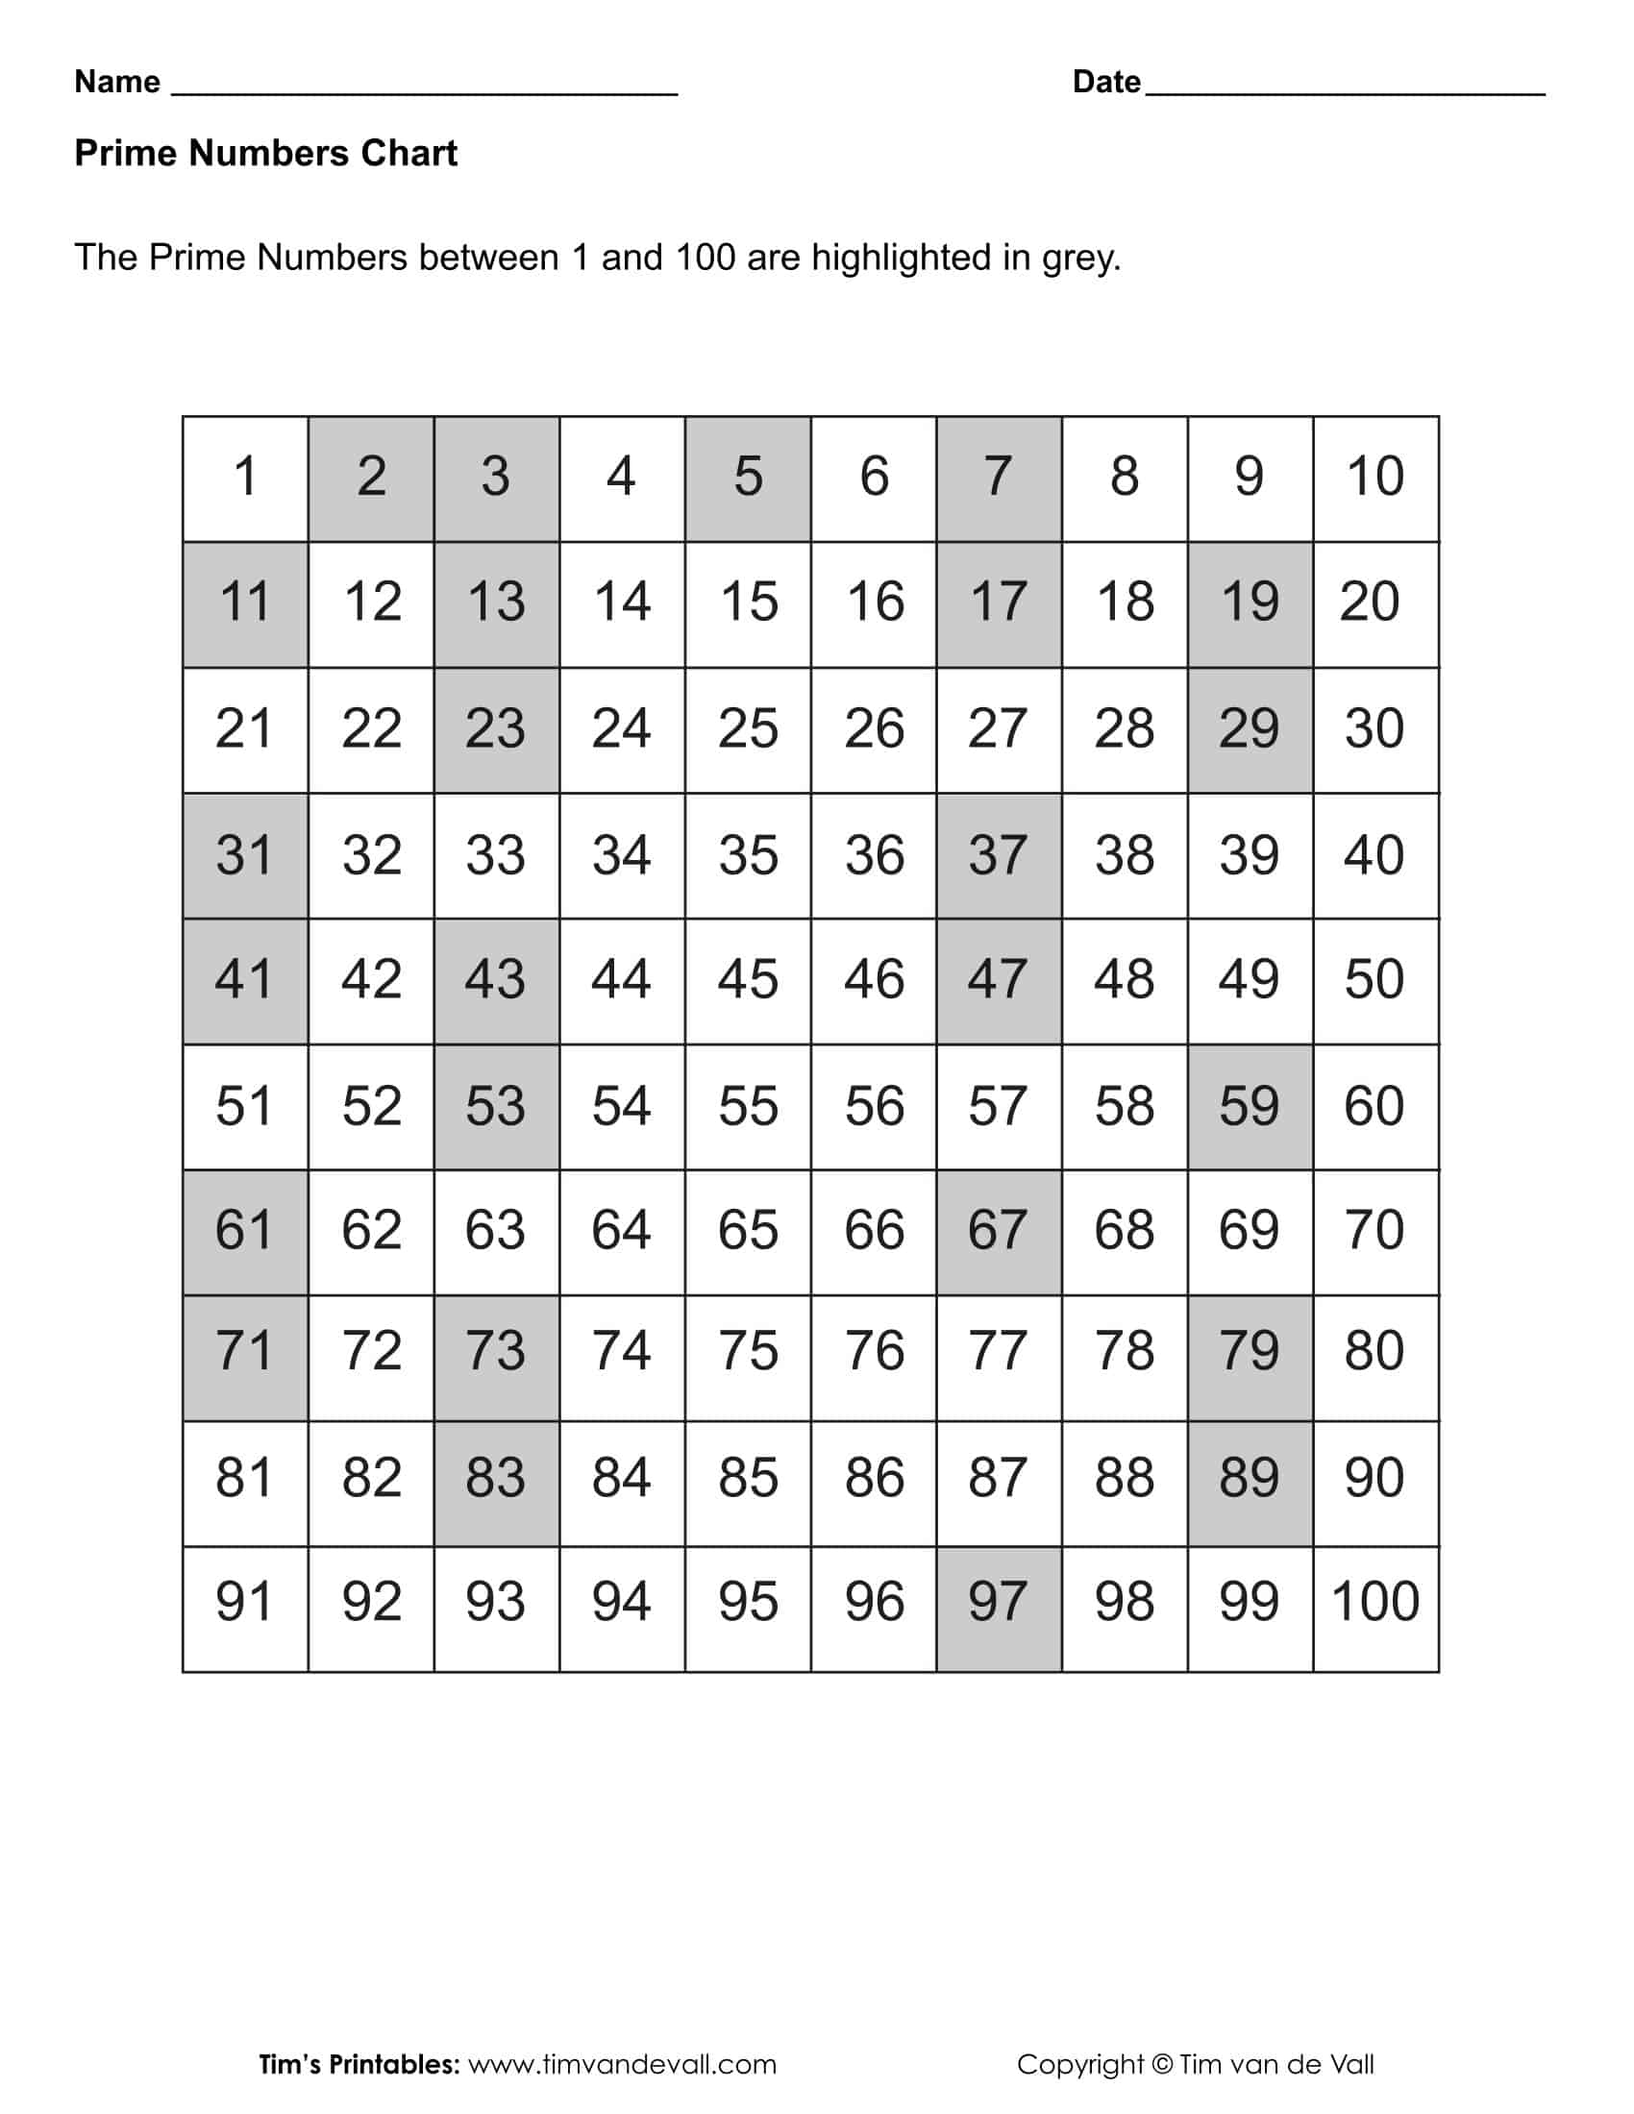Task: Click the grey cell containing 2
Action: pyautogui.click(x=371, y=479)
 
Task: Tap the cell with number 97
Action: pyautogui.click(x=998, y=1609)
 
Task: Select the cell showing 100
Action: pyautogui.click(x=1375, y=1609)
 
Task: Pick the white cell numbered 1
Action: pyautogui.click(x=245, y=479)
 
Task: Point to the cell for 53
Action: pyautogui.click(x=496, y=1106)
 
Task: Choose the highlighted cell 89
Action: pyautogui.click(x=1250, y=1483)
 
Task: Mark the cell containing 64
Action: pyautogui.click(x=622, y=1231)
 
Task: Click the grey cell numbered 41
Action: pyautogui.click(x=245, y=980)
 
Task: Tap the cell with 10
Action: pyautogui.click(x=1375, y=479)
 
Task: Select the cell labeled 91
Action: pyautogui.click(x=245, y=1609)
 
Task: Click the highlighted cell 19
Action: pyautogui.click(x=1250, y=604)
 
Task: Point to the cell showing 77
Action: pyautogui.click(x=998, y=1357)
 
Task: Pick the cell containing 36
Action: pyautogui.click(x=873, y=855)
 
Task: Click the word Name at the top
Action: pyautogui.click(x=117, y=82)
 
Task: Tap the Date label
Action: pyautogui.click(x=1106, y=82)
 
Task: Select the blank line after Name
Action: pyautogui.click(x=424, y=89)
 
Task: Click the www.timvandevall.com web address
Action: pyautogui.click(x=623, y=2065)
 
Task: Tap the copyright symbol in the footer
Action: pyautogui.click(x=1163, y=2065)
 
